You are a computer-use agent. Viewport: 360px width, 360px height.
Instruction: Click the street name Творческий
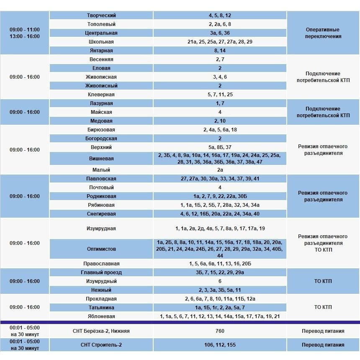coord(101,15)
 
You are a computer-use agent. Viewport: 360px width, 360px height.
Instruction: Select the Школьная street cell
coord(101,42)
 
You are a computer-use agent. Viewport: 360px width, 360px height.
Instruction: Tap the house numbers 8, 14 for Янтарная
coord(220,51)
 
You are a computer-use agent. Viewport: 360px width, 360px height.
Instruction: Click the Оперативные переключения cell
coord(323,33)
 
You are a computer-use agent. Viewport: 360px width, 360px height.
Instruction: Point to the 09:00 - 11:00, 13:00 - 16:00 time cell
coord(25,33)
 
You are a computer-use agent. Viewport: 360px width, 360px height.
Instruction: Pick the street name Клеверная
coord(101,95)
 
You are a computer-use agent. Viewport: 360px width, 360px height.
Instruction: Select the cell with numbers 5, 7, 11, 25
coord(220,95)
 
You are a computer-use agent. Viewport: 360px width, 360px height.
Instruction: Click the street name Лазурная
coord(101,103)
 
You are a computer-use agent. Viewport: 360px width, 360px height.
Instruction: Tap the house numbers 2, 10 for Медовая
coord(220,121)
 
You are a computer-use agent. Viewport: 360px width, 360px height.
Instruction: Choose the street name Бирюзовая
coord(101,130)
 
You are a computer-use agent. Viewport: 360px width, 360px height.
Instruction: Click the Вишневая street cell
coord(101,159)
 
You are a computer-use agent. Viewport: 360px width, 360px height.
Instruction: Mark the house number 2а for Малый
coord(220,170)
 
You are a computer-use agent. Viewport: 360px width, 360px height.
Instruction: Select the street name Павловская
coord(101,179)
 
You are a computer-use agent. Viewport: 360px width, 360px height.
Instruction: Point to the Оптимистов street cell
coord(101,249)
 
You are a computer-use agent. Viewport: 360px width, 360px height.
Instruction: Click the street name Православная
coord(101,264)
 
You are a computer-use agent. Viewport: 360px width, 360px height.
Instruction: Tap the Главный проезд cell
coord(101,273)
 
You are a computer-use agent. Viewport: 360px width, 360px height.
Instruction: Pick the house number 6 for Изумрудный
coord(220,281)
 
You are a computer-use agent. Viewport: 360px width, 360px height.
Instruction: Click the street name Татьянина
coord(101,308)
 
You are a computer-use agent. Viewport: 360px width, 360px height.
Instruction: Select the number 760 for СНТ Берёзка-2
coord(220,331)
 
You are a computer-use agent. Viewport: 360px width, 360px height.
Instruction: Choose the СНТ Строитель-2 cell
coord(101,345)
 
